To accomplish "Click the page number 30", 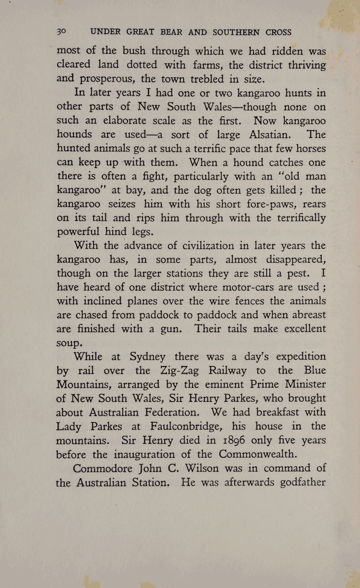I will click(61, 32).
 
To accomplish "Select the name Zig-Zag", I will click(180, 370).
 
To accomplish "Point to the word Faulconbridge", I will click(186, 426).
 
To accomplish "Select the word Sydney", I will click(147, 357).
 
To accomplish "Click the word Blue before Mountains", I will click(315, 370).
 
